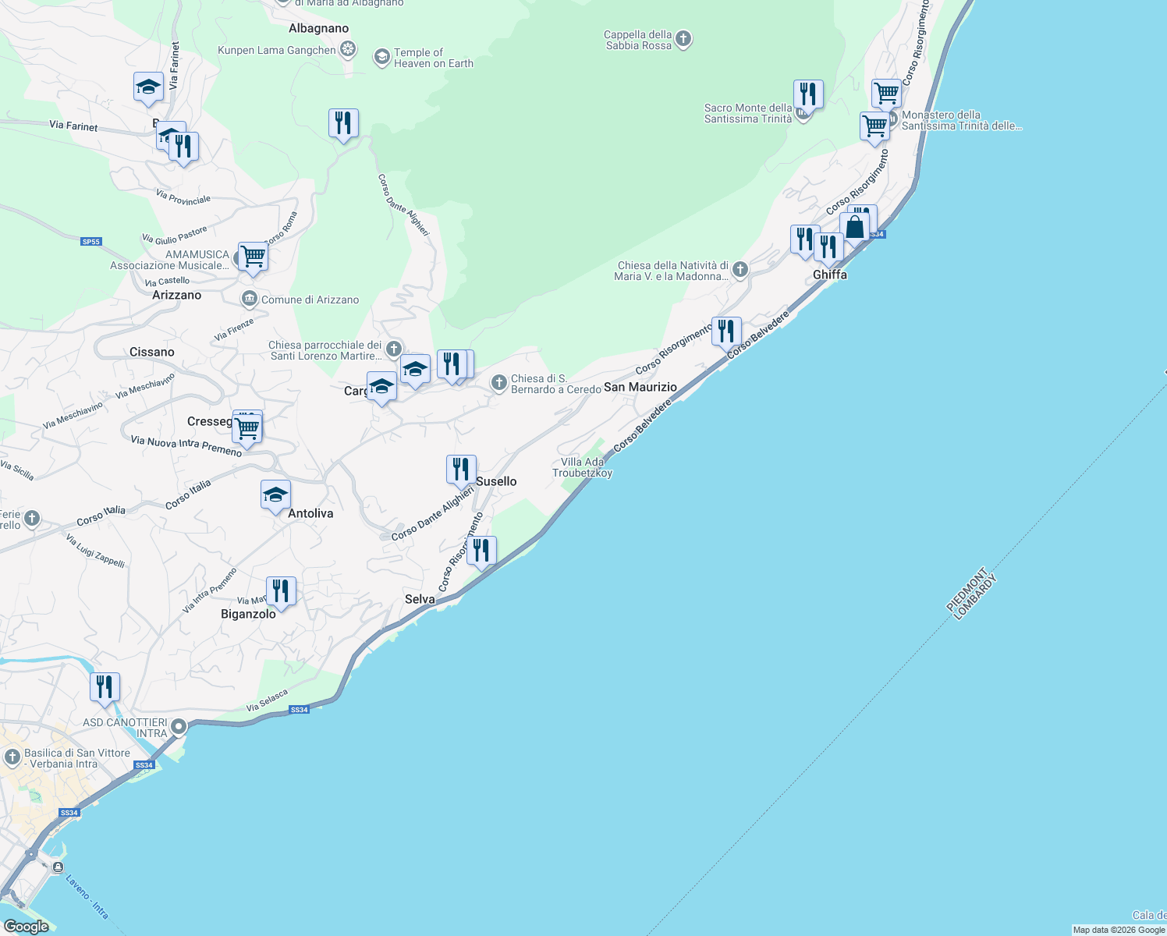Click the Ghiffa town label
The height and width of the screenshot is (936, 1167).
[829, 275]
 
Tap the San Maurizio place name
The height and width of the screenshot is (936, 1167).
[640, 387]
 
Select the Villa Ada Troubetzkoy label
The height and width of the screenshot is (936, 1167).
[582, 467]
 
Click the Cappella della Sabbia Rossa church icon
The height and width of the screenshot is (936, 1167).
[683, 39]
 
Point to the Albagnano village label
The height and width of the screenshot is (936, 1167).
[318, 28]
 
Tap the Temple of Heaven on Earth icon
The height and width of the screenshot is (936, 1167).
[381, 57]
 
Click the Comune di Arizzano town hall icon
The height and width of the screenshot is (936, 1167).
[249, 299]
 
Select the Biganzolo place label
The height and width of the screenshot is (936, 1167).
[248, 614]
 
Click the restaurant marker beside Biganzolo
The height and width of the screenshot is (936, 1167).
[281, 591]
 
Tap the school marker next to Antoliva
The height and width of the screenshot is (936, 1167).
[275, 495]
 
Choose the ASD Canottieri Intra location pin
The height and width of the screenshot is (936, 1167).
[179, 728]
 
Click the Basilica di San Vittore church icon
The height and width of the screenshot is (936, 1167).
[12, 757]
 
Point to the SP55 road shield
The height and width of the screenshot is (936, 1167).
[91, 242]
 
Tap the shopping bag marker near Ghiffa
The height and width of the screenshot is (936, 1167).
[855, 228]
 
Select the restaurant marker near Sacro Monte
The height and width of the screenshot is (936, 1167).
[808, 94]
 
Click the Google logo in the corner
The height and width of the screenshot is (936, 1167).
[26, 927]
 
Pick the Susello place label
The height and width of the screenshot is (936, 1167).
[496, 481]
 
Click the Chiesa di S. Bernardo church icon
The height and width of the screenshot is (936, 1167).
[498, 382]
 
